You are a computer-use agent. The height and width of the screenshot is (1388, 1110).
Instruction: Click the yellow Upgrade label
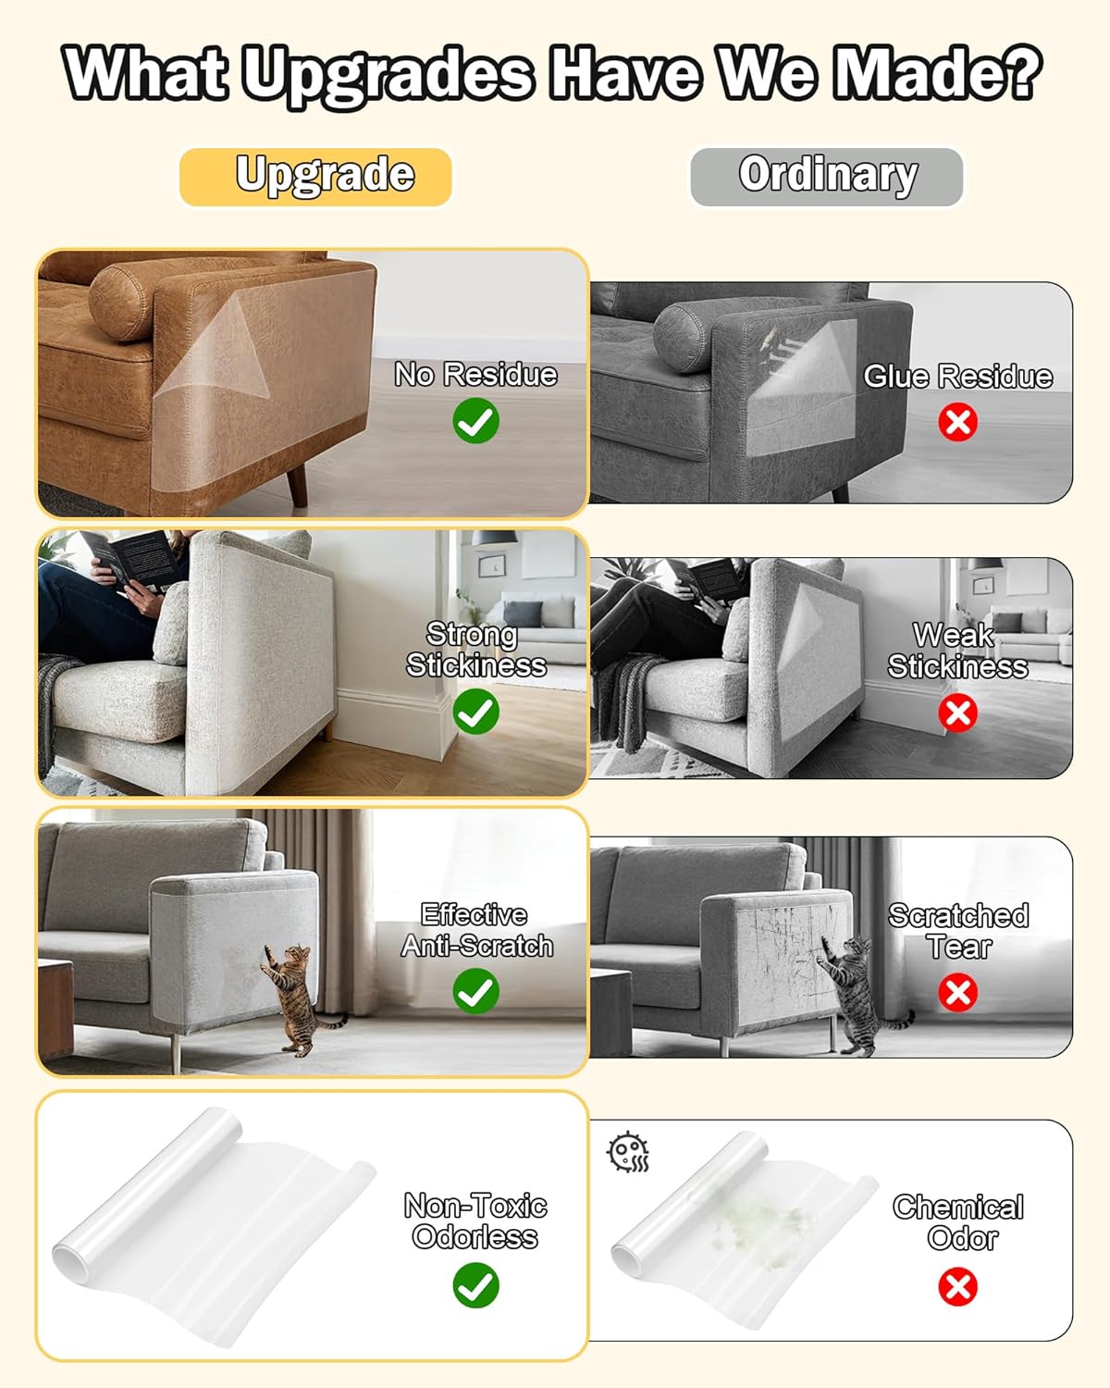(315, 176)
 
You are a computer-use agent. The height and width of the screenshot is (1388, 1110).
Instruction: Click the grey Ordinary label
(827, 176)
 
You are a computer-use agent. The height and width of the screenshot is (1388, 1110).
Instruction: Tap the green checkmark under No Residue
(475, 421)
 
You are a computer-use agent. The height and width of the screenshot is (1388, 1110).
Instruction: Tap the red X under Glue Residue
(957, 423)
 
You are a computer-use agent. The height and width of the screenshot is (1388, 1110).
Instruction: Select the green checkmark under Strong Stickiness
(475, 713)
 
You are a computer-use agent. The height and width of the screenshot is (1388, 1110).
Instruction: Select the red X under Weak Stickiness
(957, 713)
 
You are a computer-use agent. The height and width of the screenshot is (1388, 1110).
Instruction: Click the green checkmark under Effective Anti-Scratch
(475, 992)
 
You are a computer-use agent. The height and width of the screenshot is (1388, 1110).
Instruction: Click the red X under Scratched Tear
(957, 993)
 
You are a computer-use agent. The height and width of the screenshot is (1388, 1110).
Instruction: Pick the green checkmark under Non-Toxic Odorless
(475, 1286)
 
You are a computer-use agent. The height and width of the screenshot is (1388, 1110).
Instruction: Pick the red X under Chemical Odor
(957, 1286)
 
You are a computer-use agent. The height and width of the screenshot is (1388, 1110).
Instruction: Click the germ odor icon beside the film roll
(628, 1153)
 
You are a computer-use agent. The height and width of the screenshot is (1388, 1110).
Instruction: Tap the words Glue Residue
(957, 377)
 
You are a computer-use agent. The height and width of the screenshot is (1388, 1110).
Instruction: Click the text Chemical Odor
(959, 1222)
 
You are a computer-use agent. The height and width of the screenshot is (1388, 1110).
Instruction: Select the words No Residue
(475, 375)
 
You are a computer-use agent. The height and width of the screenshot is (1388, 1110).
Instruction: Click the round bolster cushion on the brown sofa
(121, 301)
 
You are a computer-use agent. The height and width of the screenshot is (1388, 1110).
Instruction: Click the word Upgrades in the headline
(389, 74)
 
